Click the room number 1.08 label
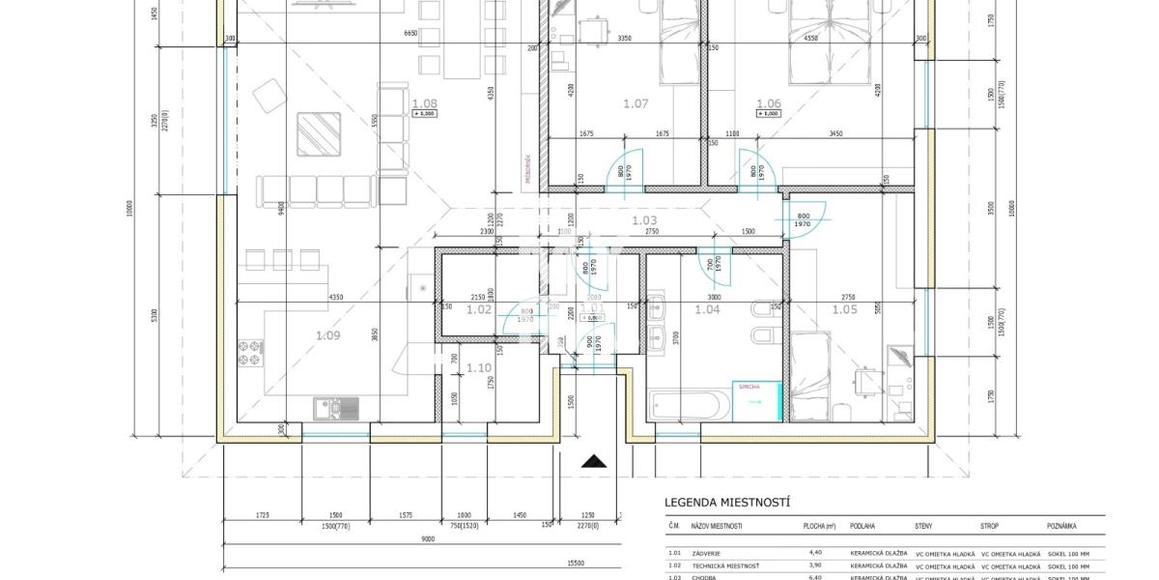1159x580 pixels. (424, 102)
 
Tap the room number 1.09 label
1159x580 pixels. (327, 335)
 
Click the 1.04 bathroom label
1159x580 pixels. (708, 309)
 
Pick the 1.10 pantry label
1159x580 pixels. (479, 367)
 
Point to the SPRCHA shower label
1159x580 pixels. (750, 387)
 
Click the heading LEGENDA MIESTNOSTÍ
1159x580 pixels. (727, 503)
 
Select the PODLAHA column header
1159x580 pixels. (862, 527)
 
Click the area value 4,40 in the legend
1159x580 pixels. (814, 553)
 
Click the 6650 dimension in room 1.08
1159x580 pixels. (410, 32)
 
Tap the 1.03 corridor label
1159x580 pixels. (644, 221)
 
